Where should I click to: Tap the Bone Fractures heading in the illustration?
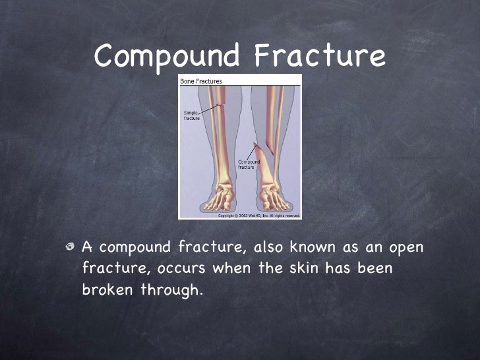pyautogui.click(x=201, y=81)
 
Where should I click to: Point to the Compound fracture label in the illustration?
pyautogui.click(x=248, y=164)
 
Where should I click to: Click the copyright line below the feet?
pyautogui.click(x=258, y=215)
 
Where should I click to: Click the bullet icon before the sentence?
pyautogui.click(x=71, y=247)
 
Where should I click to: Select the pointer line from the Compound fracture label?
pyautogui.click(x=254, y=153)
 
